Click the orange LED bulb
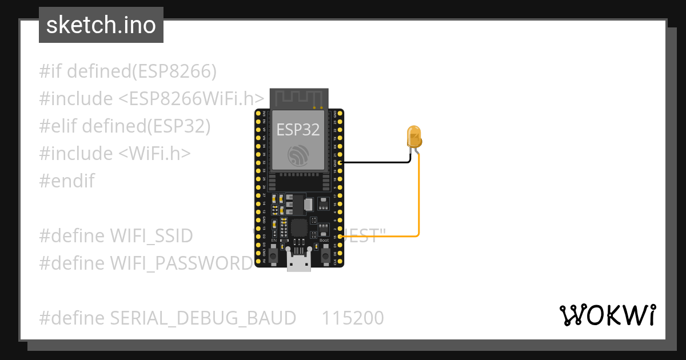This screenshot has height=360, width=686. coord(414,137)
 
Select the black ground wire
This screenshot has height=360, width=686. coord(377,162)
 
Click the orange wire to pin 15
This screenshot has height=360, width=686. coord(418,200)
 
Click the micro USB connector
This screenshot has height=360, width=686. coord(299,263)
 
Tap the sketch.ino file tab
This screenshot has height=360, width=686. coord(101,25)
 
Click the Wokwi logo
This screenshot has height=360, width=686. coord(607,315)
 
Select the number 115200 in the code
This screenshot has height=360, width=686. coord(353,318)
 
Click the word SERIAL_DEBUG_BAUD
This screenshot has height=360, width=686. coord(203,318)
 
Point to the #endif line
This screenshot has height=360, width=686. coord(67,181)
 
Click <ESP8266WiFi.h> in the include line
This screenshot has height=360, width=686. coord(191,99)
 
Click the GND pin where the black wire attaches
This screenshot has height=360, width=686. coord(340,163)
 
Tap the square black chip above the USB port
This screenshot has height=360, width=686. coord(299,228)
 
